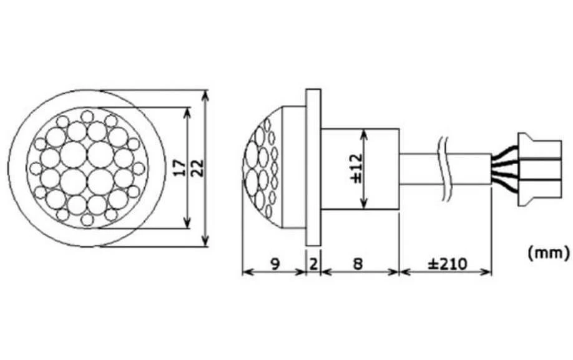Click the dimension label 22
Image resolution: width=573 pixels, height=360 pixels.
click(197, 168)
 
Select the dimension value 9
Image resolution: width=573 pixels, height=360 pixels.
click(275, 263)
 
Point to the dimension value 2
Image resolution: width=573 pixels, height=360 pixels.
click(313, 263)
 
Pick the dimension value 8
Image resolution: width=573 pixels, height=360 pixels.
click(358, 263)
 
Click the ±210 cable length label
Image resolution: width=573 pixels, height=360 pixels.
click(448, 263)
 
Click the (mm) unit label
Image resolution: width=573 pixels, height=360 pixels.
click(549, 253)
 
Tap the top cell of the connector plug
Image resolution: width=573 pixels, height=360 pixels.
click(540, 149)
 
